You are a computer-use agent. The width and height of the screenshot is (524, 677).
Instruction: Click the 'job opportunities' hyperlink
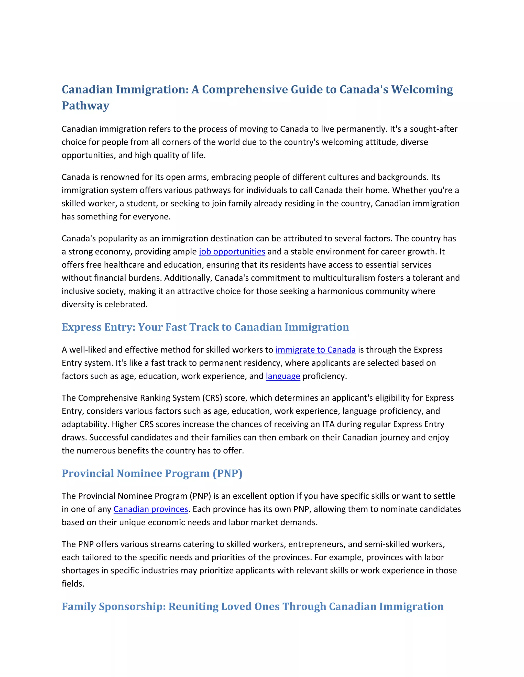point(232,251)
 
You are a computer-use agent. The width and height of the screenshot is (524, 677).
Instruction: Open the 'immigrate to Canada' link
point(315,350)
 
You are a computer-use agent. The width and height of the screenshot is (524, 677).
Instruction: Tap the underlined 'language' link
point(283,376)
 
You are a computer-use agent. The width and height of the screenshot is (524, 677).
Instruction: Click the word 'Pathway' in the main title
point(86,106)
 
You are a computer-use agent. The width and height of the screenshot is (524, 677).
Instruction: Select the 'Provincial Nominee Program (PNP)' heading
point(152,473)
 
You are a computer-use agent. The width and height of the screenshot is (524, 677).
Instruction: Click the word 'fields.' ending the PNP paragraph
point(73,584)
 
